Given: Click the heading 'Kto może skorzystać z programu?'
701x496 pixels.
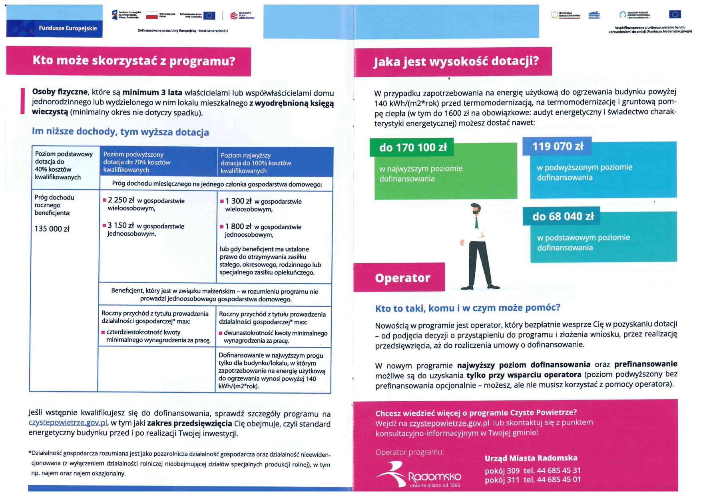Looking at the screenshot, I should pyautogui.click(x=134, y=61).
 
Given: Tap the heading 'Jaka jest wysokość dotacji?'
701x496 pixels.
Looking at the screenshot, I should pyautogui.click(x=456, y=61).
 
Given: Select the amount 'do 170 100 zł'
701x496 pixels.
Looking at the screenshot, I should pyautogui.click(x=413, y=148).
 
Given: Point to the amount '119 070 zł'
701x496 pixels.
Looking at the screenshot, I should pyautogui.click(x=558, y=146).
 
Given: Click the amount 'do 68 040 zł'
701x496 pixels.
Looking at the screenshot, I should pyautogui.click(x=563, y=216).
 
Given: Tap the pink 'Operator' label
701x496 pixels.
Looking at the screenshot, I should pyautogui.click(x=402, y=278).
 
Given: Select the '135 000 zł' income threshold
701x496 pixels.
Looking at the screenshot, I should pyautogui.click(x=52, y=229).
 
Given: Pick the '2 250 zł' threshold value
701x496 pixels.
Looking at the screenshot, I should pyautogui.click(x=121, y=200).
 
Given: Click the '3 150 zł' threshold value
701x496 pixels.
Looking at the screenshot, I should pyautogui.click(x=121, y=226).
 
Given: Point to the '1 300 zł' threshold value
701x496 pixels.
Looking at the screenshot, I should pyautogui.click(x=238, y=201).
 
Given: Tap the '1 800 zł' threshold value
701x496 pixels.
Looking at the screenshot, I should pyautogui.click(x=238, y=226).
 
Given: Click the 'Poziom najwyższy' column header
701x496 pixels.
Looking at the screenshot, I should pyautogui.click(x=245, y=155).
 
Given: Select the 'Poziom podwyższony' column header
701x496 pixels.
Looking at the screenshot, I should pyautogui.click(x=133, y=154).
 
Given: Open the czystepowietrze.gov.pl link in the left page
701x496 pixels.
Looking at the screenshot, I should pyautogui.click(x=68, y=423).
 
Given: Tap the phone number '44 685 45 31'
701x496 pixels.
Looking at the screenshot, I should pyautogui.click(x=559, y=470).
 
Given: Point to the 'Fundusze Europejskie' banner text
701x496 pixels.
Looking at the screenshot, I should pyautogui.click(x=68, y=28).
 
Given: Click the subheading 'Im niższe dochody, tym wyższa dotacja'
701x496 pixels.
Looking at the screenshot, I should pyautogui.click(x=120, y=132).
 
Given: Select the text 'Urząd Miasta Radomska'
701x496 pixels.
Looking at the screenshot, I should pyautogui.click(x=531, y=458).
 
